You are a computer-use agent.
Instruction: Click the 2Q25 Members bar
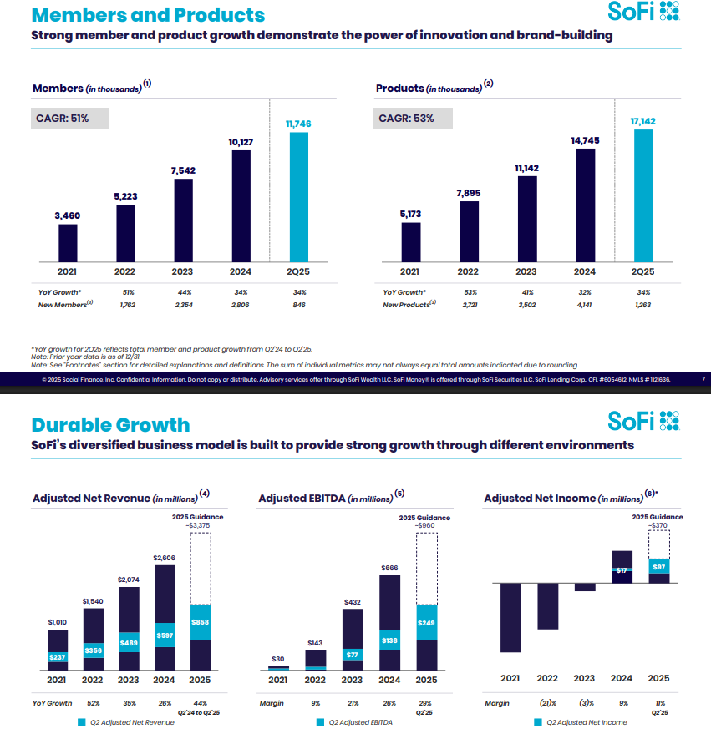pyautogui.click(x=299, y=196)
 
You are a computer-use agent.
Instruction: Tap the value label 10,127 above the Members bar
pyautogui.click(x=241, y=143)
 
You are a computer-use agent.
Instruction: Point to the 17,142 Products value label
pyautogui.click(x=642, y=122)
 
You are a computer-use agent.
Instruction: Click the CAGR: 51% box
pyautogui.click(x=71, y=118)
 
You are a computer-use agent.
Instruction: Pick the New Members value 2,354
pyautogui.click(x=184, y=305)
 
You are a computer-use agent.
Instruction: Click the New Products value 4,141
pyautogui.click(x=585, y=305)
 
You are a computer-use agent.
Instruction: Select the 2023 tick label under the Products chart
pyautogui.click(x=526, y=271)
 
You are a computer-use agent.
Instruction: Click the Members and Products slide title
pyautogui.click(x=148, y=15)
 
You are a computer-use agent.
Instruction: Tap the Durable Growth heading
pyautogui.click(x=110, y=424)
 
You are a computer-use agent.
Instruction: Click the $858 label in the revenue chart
pyautogui.click(x=201, y=623)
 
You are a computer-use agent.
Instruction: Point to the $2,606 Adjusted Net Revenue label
pyautogui.click(x=165, y=557)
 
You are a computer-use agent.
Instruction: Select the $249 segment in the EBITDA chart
pyautogui.click(x=427, y=623)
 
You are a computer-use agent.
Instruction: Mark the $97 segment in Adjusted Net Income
pyautogui.click(x=659, y=567)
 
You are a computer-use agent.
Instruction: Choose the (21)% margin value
pyautogui.click(x=547, y=703)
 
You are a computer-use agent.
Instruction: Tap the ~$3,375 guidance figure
pyautogui.click(x=200, y=526)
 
